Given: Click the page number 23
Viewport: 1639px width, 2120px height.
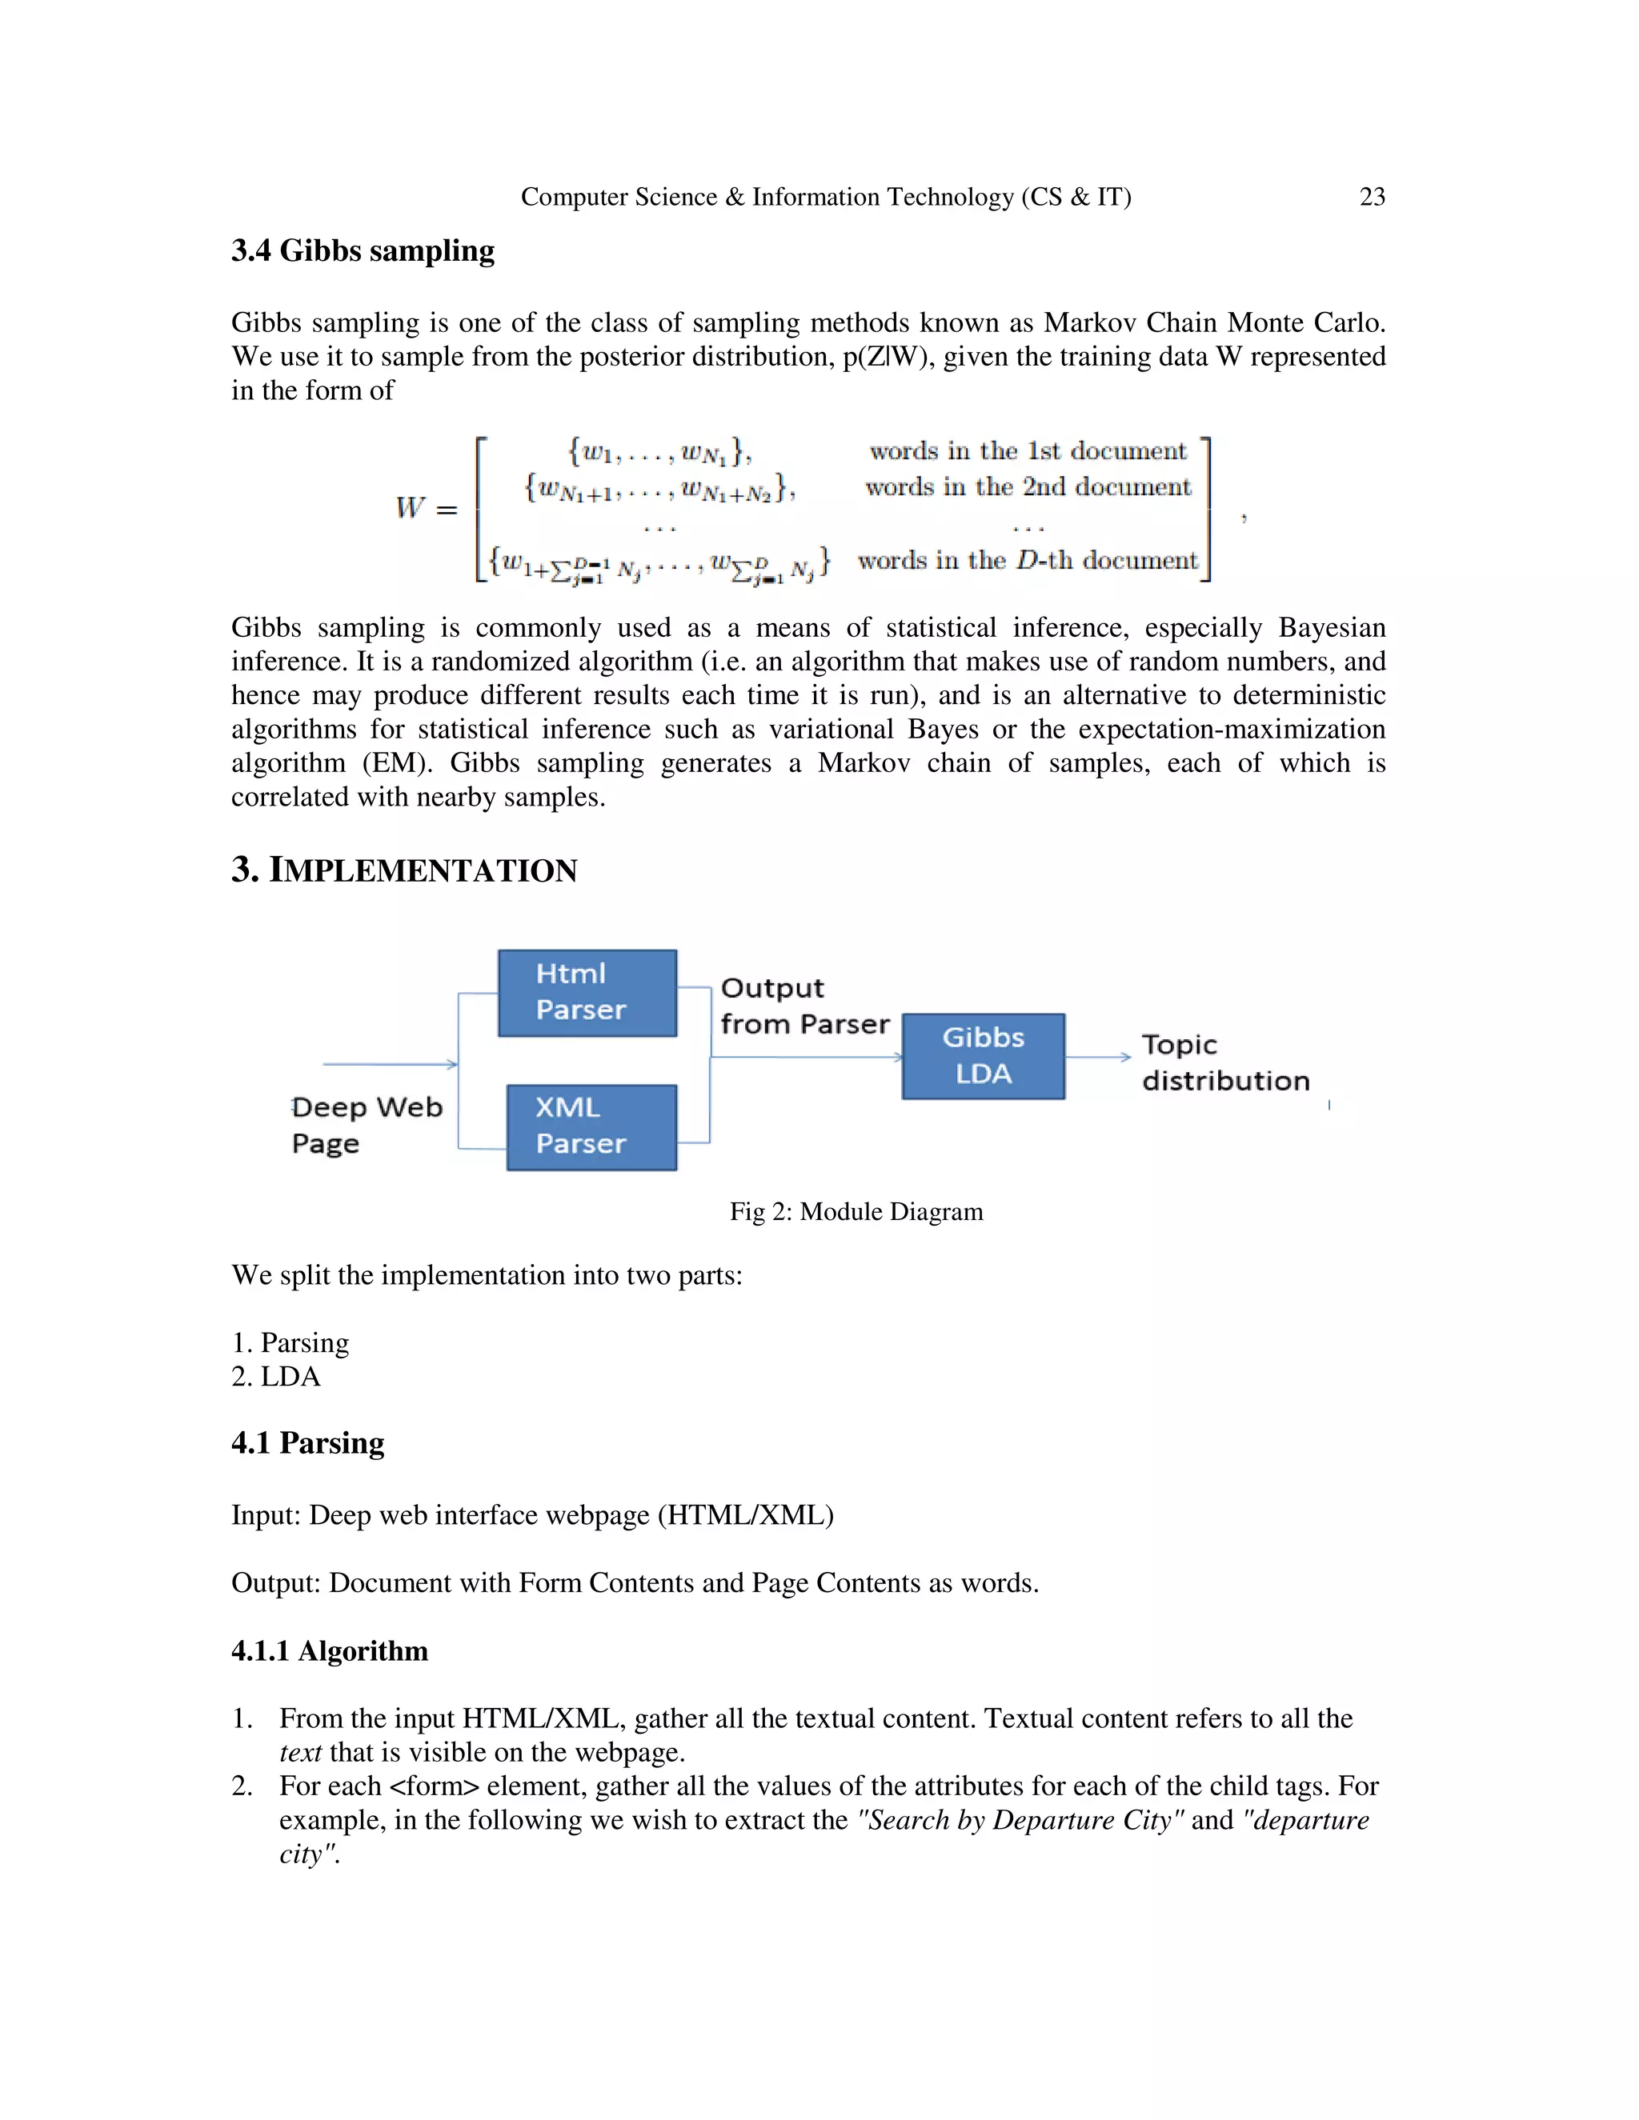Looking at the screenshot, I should click(1371, 197).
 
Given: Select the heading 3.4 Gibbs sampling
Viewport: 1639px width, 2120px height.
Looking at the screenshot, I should click(363, 251).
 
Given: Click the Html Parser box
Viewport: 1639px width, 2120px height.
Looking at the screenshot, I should click(587, 992).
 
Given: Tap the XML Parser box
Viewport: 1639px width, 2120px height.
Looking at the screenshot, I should click(591, 1126).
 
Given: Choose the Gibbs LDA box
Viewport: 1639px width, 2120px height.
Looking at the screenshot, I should click(983, 1056).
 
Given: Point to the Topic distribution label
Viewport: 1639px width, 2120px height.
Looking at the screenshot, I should click(1224, 1063).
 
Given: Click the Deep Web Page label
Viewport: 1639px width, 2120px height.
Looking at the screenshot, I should click(366, 1125).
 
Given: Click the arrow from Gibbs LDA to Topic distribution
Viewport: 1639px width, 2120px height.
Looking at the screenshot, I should click(1098, 1056).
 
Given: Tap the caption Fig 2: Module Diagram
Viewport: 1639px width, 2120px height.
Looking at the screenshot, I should click(856, 1211).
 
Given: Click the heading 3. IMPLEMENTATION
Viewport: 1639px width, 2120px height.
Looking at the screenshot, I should click(404, 870).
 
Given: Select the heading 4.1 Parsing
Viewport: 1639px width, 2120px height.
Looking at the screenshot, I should click(308, 1443).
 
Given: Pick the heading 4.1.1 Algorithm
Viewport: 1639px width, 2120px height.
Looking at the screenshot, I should click(329, 1651).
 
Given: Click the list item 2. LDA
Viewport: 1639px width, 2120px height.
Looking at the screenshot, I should click(276, 1377).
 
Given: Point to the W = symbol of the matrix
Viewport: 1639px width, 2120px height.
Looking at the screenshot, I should click(425, 509).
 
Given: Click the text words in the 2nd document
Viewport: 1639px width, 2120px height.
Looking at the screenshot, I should click(1028, 487).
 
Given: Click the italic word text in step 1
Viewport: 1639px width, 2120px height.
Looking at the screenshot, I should click(300, 1752).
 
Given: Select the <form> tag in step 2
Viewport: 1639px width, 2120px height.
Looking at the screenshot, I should click(434, 1786).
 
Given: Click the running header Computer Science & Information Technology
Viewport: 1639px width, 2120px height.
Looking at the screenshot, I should click(825, 197).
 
